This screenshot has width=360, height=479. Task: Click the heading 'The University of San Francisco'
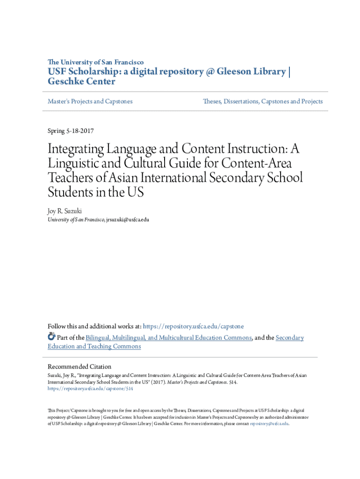point(95,62)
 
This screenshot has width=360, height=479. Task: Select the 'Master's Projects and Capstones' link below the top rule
point(90,101)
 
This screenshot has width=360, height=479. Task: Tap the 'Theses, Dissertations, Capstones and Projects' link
point(263,101)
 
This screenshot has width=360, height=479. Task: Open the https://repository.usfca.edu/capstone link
point(193,326)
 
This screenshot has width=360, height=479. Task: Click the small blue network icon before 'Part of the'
point(51,337)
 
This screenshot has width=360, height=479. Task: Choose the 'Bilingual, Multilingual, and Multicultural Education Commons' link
point(169,338)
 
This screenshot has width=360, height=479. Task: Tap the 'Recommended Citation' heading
point(79,367)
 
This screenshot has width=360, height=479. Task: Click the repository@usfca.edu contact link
point(269,423)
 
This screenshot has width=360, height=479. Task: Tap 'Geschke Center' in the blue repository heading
point(81,81)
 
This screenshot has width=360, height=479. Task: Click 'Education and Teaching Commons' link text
point(94,346)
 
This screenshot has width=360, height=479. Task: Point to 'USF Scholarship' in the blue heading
point(81,72)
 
